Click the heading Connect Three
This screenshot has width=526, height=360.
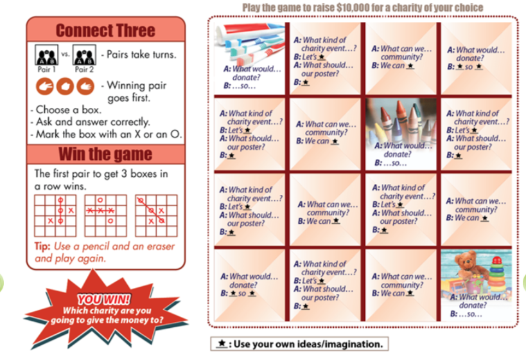(105, 30)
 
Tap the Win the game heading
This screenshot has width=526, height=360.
(105, 154)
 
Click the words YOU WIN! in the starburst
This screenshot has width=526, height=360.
(104, 300)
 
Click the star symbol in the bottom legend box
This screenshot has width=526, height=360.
(221, 343)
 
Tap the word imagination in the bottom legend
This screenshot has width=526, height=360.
(351, 343)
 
